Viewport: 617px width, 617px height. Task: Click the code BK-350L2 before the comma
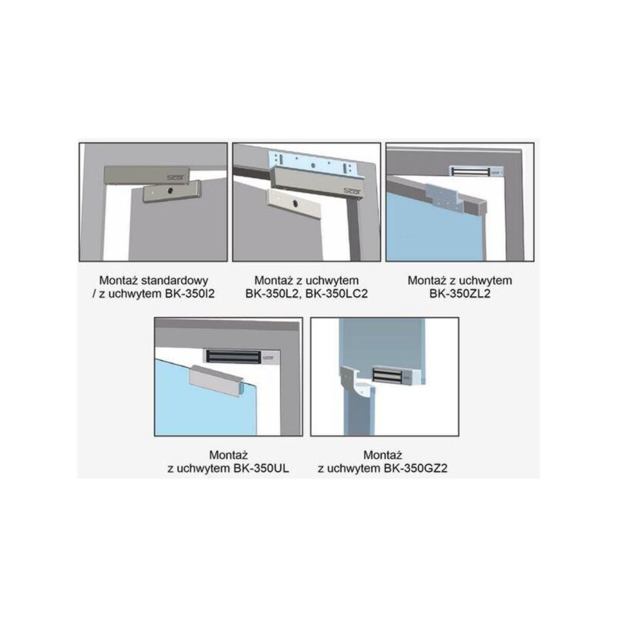[272, 294]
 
